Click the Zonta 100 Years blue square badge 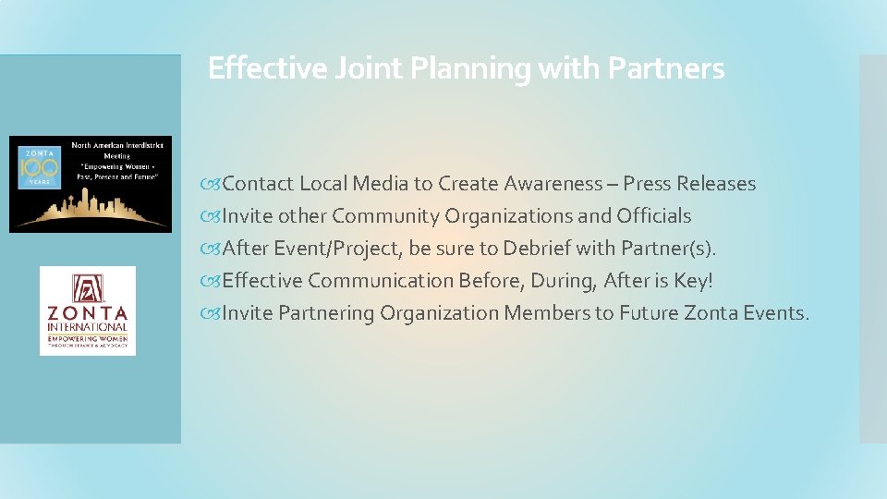coord(39,166)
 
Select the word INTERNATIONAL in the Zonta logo coord(88,326)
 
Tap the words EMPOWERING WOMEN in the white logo coord(88,337)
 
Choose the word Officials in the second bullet coord(653,216)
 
